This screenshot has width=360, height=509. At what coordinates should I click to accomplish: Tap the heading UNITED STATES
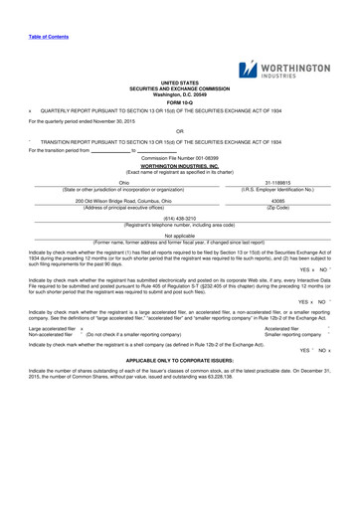pos(179,84)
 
